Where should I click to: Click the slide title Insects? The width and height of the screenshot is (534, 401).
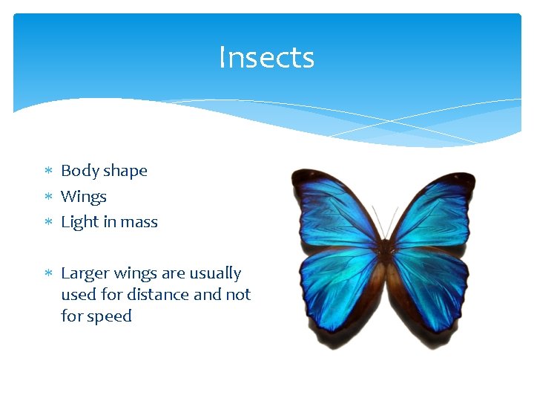tap(266, 58)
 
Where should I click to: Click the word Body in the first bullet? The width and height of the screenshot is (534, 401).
tap(76, 171)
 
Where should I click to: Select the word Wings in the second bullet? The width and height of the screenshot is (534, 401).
tap(83, 197)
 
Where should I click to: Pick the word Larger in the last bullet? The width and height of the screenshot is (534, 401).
tap(84, 274)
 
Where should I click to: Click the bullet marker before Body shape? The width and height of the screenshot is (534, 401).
tap(48, 172)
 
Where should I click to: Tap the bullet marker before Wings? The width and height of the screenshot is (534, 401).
tap(48, 198)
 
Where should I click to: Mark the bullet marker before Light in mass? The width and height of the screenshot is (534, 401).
tap(48, 223)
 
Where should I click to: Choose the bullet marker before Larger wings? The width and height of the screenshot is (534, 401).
tap(48, 274)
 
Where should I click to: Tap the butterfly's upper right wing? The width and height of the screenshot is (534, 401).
tap(434, 208)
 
